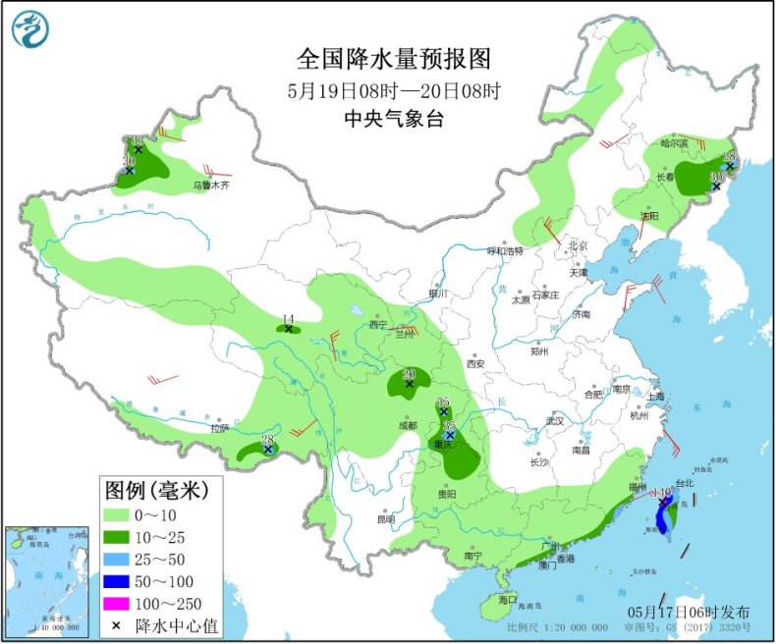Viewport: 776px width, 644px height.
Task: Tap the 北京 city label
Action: pos(578,245)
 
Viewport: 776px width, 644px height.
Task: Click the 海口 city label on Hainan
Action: pos(507,599)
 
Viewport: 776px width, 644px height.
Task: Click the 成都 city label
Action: pos(408,425)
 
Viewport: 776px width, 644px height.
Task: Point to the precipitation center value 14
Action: pos(288,318)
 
